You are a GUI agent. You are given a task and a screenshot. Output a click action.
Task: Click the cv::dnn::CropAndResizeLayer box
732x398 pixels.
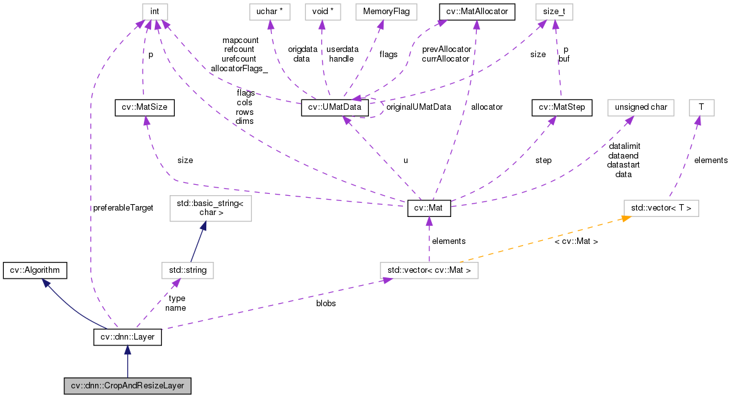click(x=128, y=386)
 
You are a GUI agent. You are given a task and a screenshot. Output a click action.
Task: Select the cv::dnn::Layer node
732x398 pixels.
click(x=127, y=336)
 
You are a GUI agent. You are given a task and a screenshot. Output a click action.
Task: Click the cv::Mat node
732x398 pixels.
click(x=429, y=209)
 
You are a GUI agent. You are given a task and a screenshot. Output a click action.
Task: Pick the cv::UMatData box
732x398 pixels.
click(x=335, y=108)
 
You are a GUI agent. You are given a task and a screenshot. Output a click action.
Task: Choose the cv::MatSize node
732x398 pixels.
click(x=145, y=108)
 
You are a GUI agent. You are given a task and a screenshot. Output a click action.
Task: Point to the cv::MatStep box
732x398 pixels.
click(x=562, y=108)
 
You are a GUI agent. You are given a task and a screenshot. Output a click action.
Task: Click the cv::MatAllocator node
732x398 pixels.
click(x=477, y=12)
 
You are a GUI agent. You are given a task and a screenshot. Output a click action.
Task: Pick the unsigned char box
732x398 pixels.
click(x=640, y=108)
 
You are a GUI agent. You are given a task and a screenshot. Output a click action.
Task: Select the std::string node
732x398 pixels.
click(x=187, y=270)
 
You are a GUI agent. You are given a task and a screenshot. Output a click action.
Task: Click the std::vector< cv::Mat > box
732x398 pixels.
click(x=429, y=270)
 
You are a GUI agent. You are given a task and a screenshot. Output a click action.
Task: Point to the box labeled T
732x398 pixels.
click(x=701, y=108)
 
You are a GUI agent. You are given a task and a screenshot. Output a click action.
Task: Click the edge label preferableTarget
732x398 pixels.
click(x=123, y=209)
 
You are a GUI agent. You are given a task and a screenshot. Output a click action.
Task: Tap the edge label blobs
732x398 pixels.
click(x=326, y=303)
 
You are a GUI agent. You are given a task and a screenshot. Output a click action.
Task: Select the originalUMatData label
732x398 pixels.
click(x=418, y=107)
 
